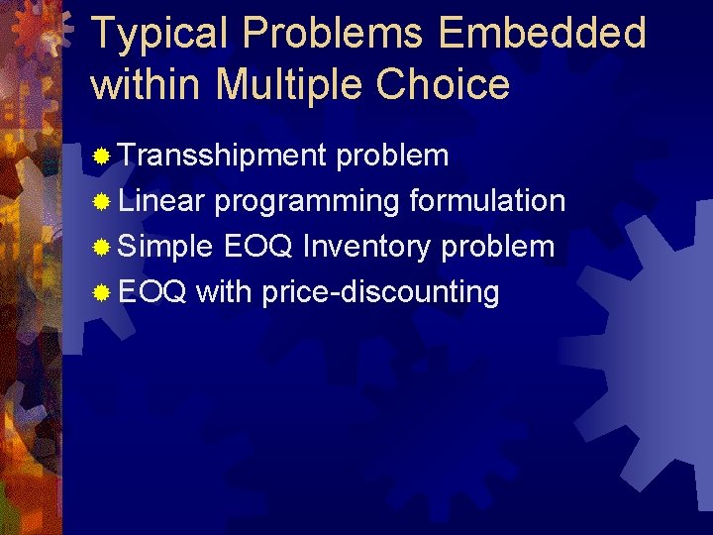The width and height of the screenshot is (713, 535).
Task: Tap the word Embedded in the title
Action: (544, 34)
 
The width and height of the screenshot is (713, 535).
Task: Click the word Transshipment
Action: (223, 156)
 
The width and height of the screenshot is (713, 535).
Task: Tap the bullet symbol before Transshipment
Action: (101, 157)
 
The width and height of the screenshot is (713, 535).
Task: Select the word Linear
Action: (161, 201)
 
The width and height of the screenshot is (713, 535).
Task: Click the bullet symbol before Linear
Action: (101, 202)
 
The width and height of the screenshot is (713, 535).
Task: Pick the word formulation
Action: (487, 201)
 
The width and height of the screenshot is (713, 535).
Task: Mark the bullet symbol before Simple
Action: (101, 248)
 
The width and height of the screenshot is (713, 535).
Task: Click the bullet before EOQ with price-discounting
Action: (101, 293)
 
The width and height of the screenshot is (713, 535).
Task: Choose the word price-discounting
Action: (380, 292)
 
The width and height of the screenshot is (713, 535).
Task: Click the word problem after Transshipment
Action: (393, 156)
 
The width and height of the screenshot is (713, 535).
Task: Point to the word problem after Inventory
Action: (498, 247)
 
